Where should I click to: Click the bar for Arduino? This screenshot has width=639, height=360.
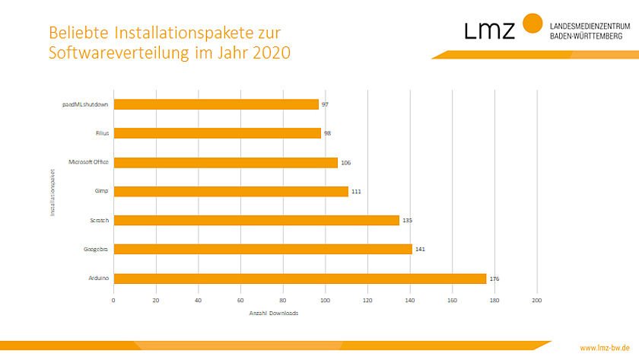tap(300, 279)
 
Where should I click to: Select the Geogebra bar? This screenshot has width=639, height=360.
tap(262, 249)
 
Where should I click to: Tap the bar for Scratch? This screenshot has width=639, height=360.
tap(256, 220)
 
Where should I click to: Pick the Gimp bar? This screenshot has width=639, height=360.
tap(230, 191)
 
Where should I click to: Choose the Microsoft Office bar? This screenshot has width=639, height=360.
tap(225, 162)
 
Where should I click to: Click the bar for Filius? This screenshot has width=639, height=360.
tap(217, 133)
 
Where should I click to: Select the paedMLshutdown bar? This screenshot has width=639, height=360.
tap(216, 104)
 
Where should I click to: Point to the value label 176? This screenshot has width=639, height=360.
tap(494, 279)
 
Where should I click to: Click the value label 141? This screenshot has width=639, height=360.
tap(420, 250)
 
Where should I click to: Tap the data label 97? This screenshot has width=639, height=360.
tap(324, 104)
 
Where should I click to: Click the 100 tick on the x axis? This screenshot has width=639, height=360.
tap(326, 300)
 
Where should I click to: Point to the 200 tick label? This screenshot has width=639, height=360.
tap(537, 300)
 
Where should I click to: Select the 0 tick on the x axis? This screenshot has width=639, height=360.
tap(113, 300)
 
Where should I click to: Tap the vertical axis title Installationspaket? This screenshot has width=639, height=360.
tap(52, 191)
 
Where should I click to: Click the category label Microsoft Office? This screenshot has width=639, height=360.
tap(89, 162)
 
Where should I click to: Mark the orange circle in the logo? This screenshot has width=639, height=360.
tap(533, 24)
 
